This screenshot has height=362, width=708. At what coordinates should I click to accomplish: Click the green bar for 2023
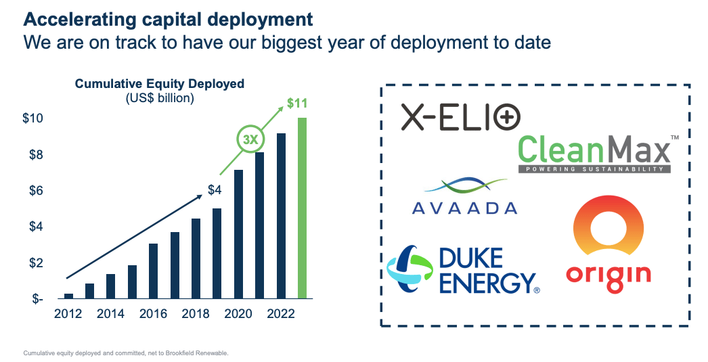point(303,208)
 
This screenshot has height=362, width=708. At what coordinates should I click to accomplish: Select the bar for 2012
point(68,296)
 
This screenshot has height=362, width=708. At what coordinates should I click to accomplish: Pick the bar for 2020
point(239,233)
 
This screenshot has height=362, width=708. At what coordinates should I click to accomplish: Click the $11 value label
point(297,104)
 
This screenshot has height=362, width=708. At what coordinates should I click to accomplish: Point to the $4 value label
point(215,190)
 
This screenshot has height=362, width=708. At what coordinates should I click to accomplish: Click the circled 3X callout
point(250,140)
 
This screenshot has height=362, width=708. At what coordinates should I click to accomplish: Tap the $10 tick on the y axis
point(33,118)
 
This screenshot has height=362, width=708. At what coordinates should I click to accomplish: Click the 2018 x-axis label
point(196,314)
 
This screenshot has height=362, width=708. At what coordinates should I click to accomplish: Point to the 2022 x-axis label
point(282,314)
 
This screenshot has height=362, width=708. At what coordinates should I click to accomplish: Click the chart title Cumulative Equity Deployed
point(159,84)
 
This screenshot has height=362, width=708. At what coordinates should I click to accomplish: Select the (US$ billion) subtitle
point(160,97)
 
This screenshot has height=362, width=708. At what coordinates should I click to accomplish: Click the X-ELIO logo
point(460,117)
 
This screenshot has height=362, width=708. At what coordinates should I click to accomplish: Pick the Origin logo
point(609,248)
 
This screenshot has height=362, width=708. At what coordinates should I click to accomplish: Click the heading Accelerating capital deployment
point(159,18)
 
